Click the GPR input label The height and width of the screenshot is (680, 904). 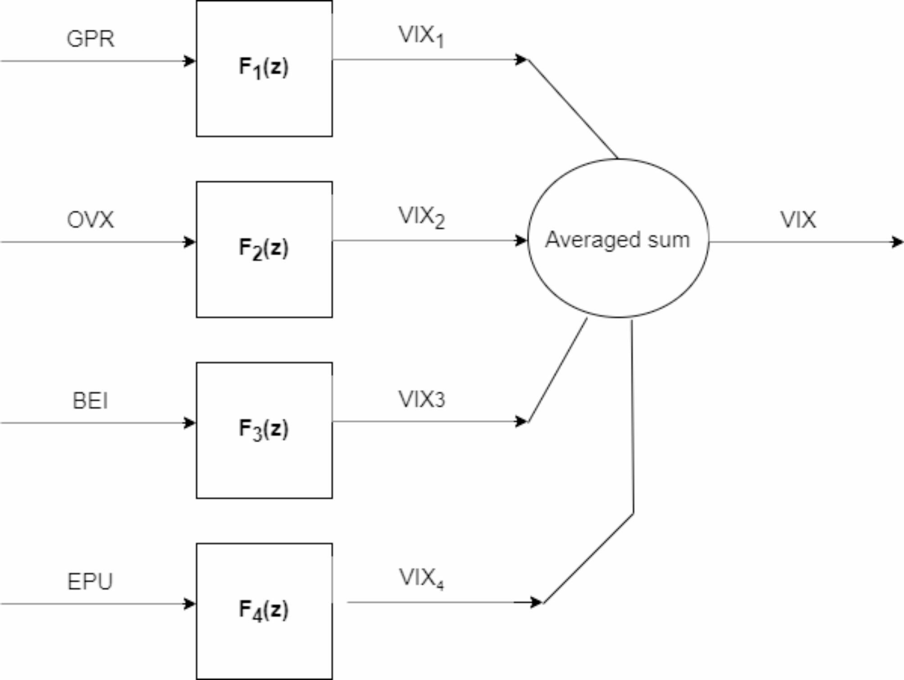click(90, 39)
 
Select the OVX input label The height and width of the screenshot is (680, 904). click(90, 220)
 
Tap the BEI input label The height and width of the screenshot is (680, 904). click(90, 401)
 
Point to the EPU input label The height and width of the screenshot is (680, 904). click(90, 581)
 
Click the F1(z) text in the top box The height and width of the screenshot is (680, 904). click(263, 68)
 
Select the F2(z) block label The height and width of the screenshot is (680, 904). click(263, 249)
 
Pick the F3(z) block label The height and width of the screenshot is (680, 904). click(263, 429)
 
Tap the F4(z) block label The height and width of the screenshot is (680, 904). click(263, 610)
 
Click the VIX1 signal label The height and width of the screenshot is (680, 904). click(421, 36)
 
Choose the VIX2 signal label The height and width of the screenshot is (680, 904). click(421, 217)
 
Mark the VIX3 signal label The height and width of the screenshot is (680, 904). click(421, 399)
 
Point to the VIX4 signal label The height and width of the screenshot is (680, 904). click(421, 578)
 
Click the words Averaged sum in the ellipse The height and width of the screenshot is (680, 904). click(618, 240)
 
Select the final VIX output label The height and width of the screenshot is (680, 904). click(798, 220)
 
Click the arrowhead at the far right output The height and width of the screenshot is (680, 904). click(897, 242)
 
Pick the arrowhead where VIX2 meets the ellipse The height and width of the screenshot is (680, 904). click(521, 240)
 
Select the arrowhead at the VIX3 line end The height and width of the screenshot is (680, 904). click(521, 422)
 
